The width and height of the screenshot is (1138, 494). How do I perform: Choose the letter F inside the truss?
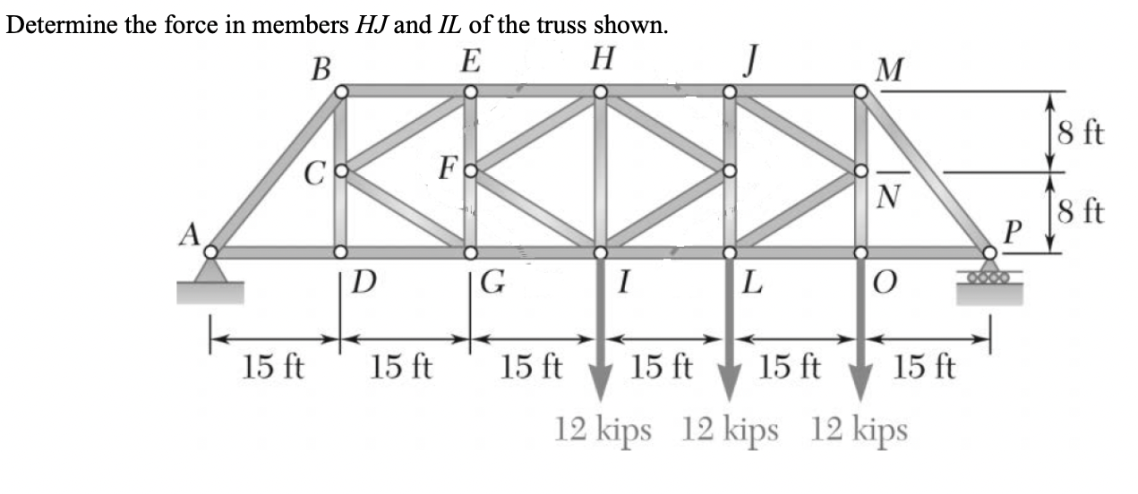click(x=449, y=167)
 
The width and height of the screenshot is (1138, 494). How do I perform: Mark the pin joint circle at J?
click(x=730, y=91)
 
